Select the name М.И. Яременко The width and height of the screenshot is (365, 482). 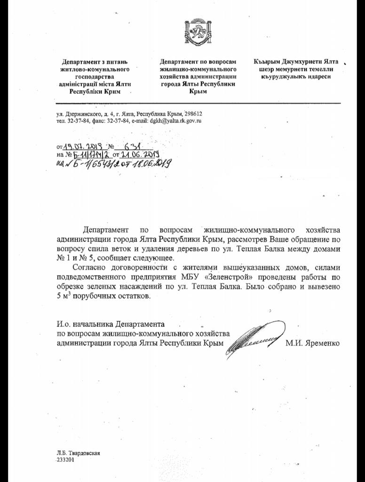pos(312,343)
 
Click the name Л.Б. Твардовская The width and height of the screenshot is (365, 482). pos(79,453)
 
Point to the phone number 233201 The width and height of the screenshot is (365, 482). pos(65,460)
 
